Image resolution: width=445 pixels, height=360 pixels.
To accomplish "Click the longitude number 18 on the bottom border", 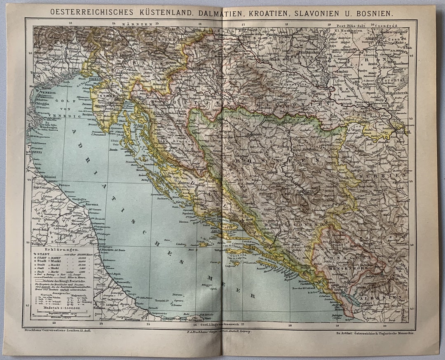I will pyautogui.click(x=290, y=325).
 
